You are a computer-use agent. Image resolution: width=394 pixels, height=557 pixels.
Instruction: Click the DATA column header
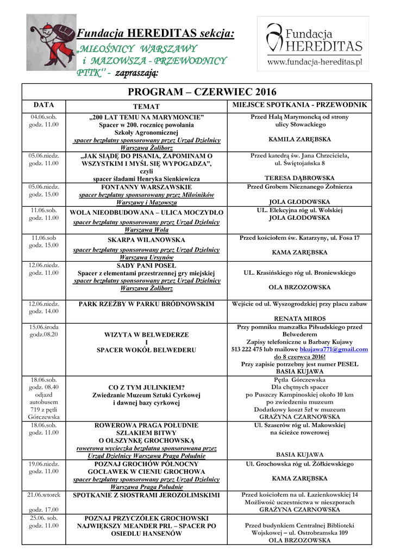(x=43, y=104)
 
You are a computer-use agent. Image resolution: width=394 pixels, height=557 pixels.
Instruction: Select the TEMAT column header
(x=147, y=107)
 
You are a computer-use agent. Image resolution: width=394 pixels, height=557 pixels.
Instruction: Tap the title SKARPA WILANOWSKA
(x=147, y=240)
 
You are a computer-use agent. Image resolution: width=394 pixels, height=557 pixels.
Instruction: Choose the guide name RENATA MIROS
(x=299, y=318)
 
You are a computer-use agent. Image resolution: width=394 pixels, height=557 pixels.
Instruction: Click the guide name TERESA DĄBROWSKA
(x=299, y=178)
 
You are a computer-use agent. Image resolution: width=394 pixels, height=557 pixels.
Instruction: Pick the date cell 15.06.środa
(x=43, y=327)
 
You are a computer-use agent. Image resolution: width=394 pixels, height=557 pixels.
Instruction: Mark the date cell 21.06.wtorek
(x=43, y=495)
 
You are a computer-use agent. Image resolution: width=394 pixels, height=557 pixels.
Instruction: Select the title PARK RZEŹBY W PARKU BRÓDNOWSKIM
(x=147, y=304)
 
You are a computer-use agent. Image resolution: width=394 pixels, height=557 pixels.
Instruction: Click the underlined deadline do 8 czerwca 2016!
(x=299, y=357)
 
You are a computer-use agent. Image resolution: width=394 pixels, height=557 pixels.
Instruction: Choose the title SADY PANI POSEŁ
(x=147, y=265)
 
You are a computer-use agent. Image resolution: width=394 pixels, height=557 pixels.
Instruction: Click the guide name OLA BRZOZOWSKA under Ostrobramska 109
(x=299, y=541)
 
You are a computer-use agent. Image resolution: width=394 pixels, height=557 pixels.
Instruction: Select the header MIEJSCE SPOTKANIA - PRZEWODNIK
(x=299, y=104)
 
